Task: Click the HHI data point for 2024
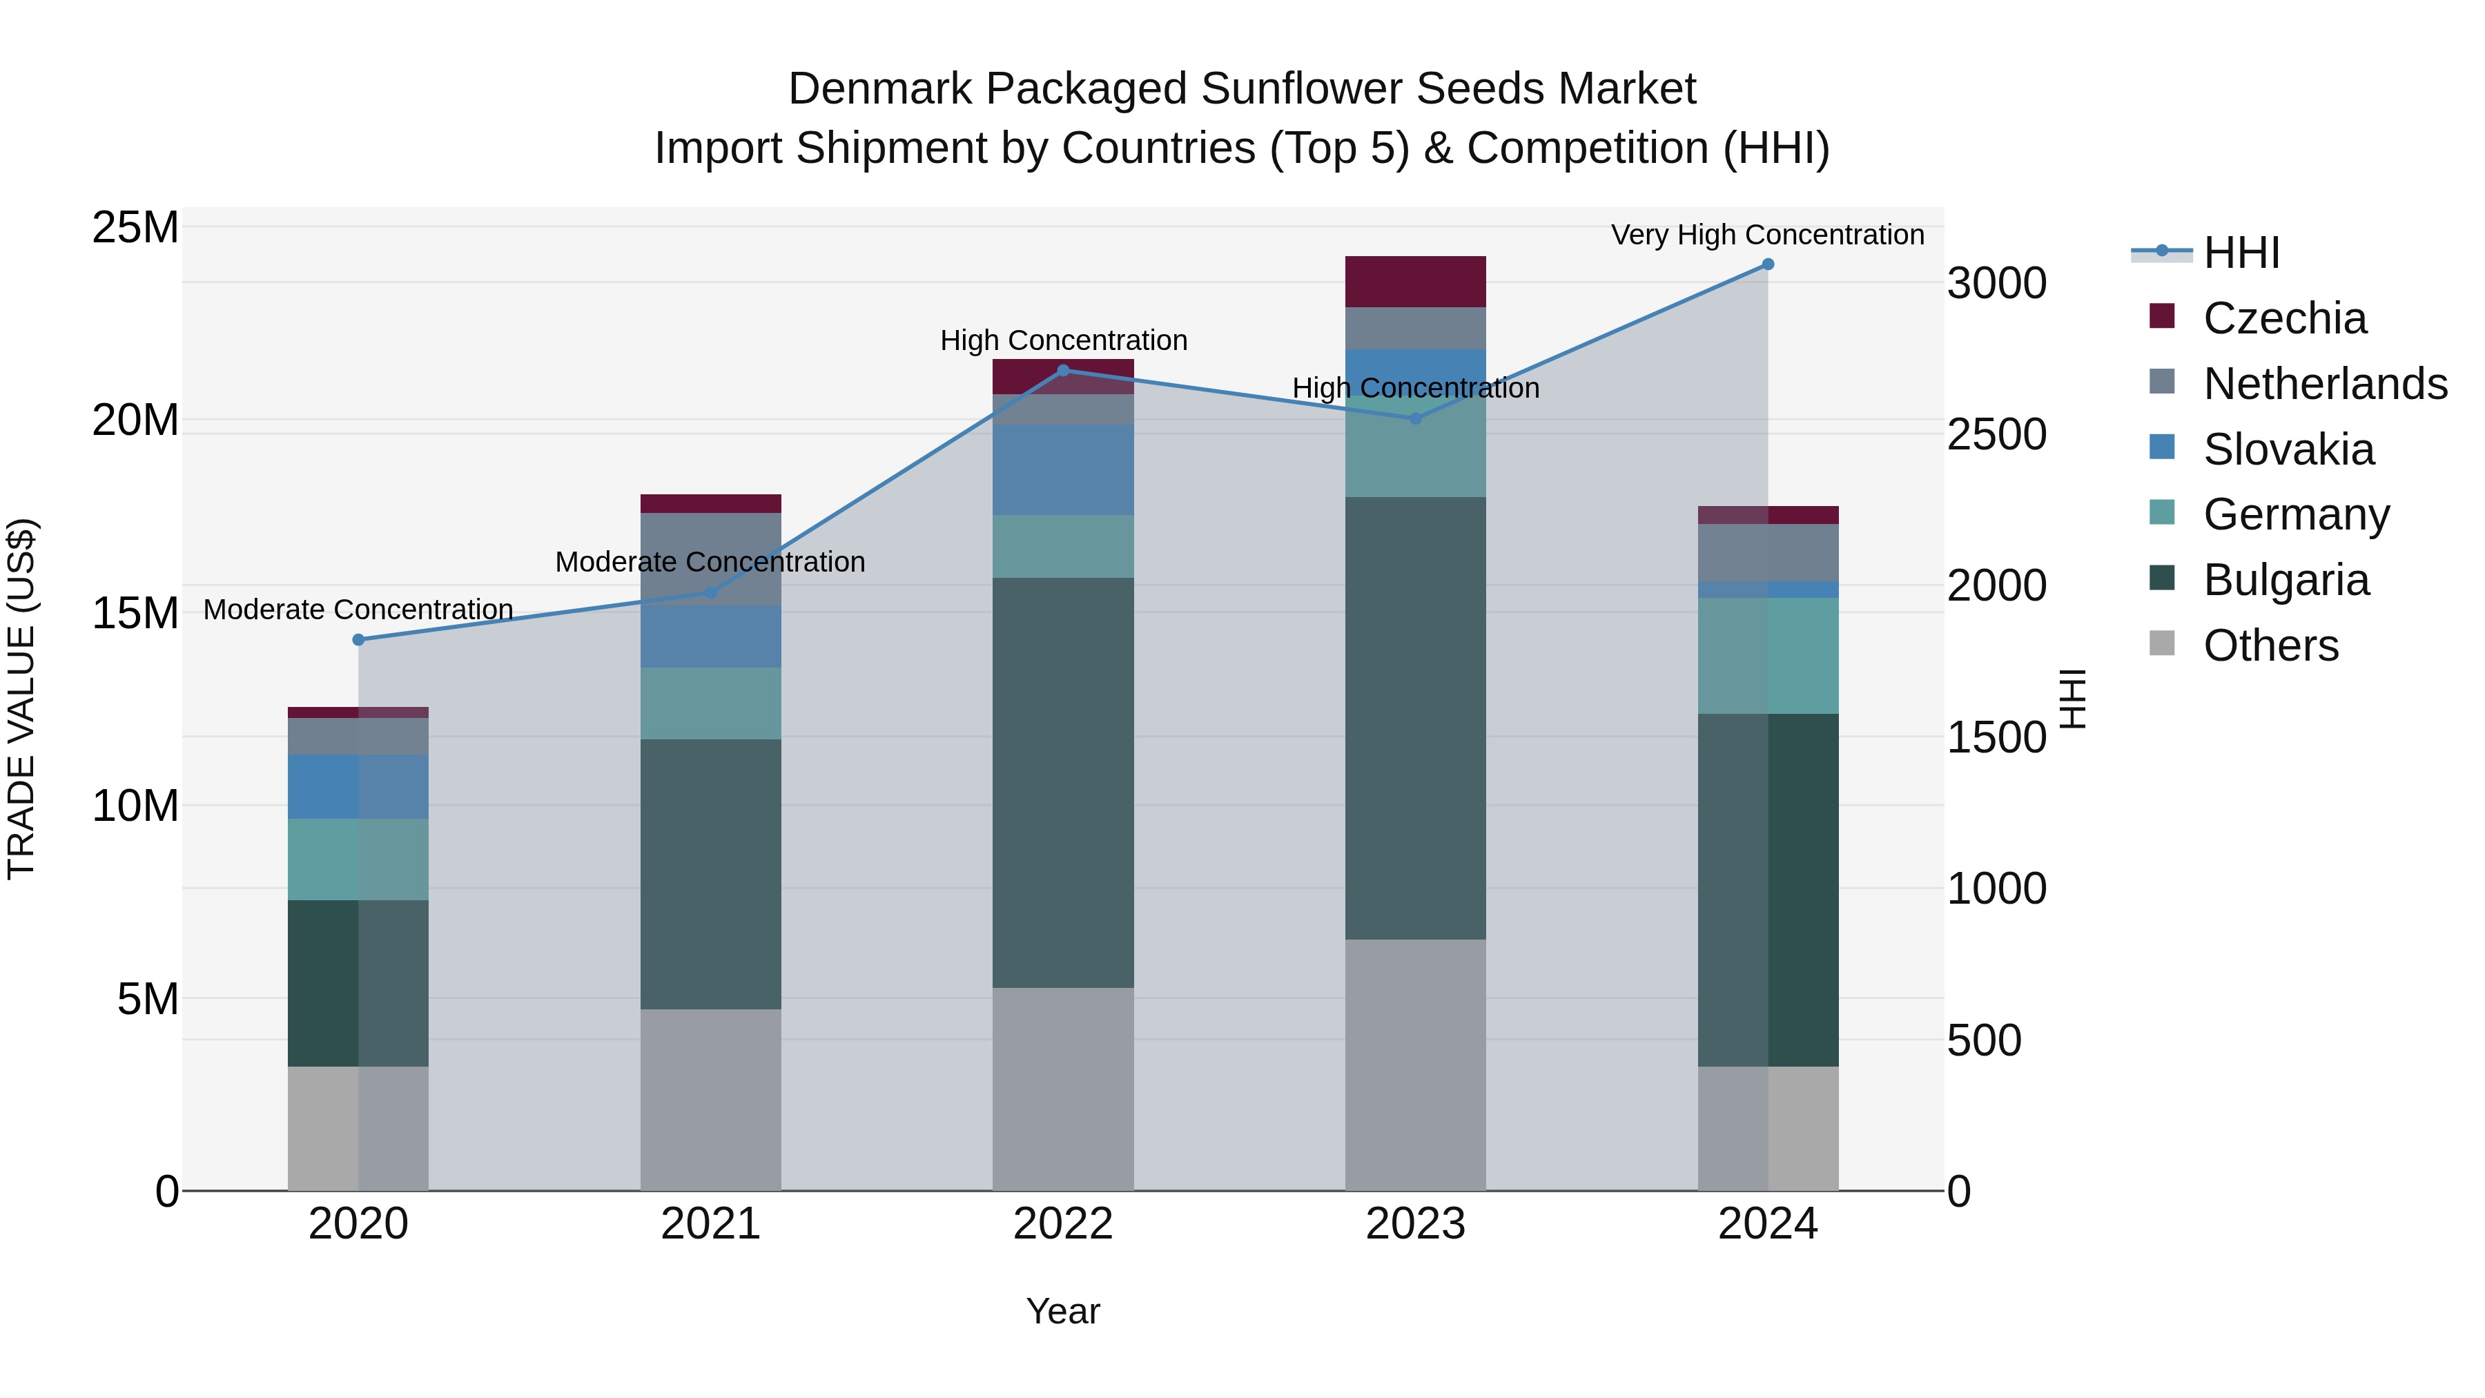[x=1767, y=264]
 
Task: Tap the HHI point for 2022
[x=1063, y=369]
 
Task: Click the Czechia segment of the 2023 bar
[x=1415, y=282]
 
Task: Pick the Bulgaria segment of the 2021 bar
[x=710, y=874]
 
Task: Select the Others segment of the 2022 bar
[x=1063, y=1088]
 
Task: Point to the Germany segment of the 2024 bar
[x=1767, y=655]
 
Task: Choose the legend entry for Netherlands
[x=2324, y=384]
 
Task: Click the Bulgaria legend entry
[x=2286, y=580]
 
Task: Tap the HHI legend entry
[x=2240, y=253]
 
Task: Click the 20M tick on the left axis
[x=135, y=420]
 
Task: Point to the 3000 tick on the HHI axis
[x=1996, y=284]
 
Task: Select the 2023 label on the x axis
[x=1415, y=1224]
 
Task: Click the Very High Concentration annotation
[x=1767, y=235]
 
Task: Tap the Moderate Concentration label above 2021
[x=710, y=561]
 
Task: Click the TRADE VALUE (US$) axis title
[x=21, y=699]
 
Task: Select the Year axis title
[x=1063, y=1311]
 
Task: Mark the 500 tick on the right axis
[x=1983, y=1040]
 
